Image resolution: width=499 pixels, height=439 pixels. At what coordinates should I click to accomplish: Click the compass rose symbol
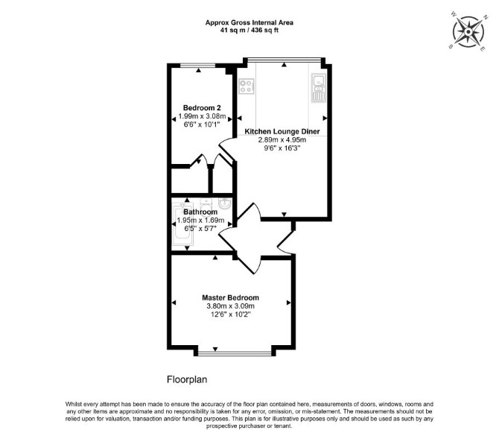(468, 32)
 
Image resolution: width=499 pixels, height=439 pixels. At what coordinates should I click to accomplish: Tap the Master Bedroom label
(230, 298)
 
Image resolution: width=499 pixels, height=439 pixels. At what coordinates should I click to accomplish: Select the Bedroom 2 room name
(202, 107)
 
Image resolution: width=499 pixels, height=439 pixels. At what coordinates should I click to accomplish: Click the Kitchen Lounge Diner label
(282, 131)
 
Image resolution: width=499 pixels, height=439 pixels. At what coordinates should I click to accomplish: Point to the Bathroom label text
(200, 212)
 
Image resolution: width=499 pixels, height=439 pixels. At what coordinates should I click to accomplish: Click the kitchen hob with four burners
(247, 86)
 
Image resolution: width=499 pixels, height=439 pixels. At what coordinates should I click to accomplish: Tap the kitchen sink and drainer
(318, 88)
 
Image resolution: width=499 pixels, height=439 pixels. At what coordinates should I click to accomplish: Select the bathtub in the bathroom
(182, 224)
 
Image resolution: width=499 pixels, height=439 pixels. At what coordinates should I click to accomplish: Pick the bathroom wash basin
(226, 203)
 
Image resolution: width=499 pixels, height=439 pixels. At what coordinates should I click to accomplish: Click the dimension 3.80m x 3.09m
(230, 306)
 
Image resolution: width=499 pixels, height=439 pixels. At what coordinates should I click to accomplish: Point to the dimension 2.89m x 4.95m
(282, 140)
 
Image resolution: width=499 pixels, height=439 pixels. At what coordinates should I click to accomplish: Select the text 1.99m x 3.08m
(202, 116)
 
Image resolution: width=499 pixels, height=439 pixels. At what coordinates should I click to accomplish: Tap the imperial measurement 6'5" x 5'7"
(200, 228)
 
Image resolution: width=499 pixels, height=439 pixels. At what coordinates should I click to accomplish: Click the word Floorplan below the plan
(187, 379)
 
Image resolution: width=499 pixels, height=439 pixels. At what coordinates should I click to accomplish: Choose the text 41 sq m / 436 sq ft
(249, 31)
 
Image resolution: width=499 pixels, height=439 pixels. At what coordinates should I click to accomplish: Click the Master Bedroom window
(235, 353)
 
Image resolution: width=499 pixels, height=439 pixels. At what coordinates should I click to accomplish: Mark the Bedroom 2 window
(198, 66)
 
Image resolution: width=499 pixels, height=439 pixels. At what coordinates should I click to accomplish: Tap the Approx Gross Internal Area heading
(249, 22)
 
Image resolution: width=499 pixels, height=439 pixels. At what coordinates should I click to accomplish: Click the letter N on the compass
(486, 18)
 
